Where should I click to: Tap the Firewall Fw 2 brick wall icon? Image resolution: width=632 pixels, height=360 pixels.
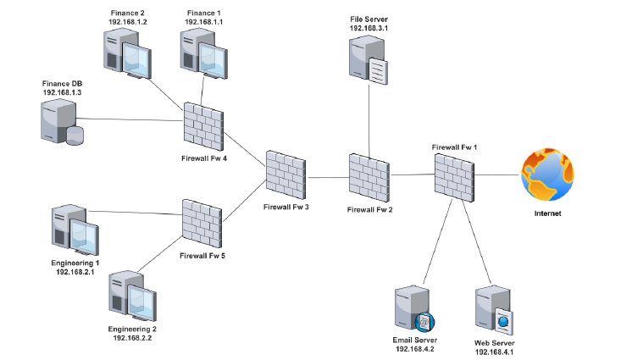(368, 177)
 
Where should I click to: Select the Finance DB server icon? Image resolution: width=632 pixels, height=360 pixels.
(61, 121)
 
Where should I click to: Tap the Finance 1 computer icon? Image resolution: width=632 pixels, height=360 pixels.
(203, 53)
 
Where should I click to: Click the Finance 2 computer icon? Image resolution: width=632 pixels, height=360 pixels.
(125, 53)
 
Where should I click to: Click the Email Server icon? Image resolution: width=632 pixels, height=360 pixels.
(413, 309)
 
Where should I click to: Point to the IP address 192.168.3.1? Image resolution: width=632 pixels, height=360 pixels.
(368, 28)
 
